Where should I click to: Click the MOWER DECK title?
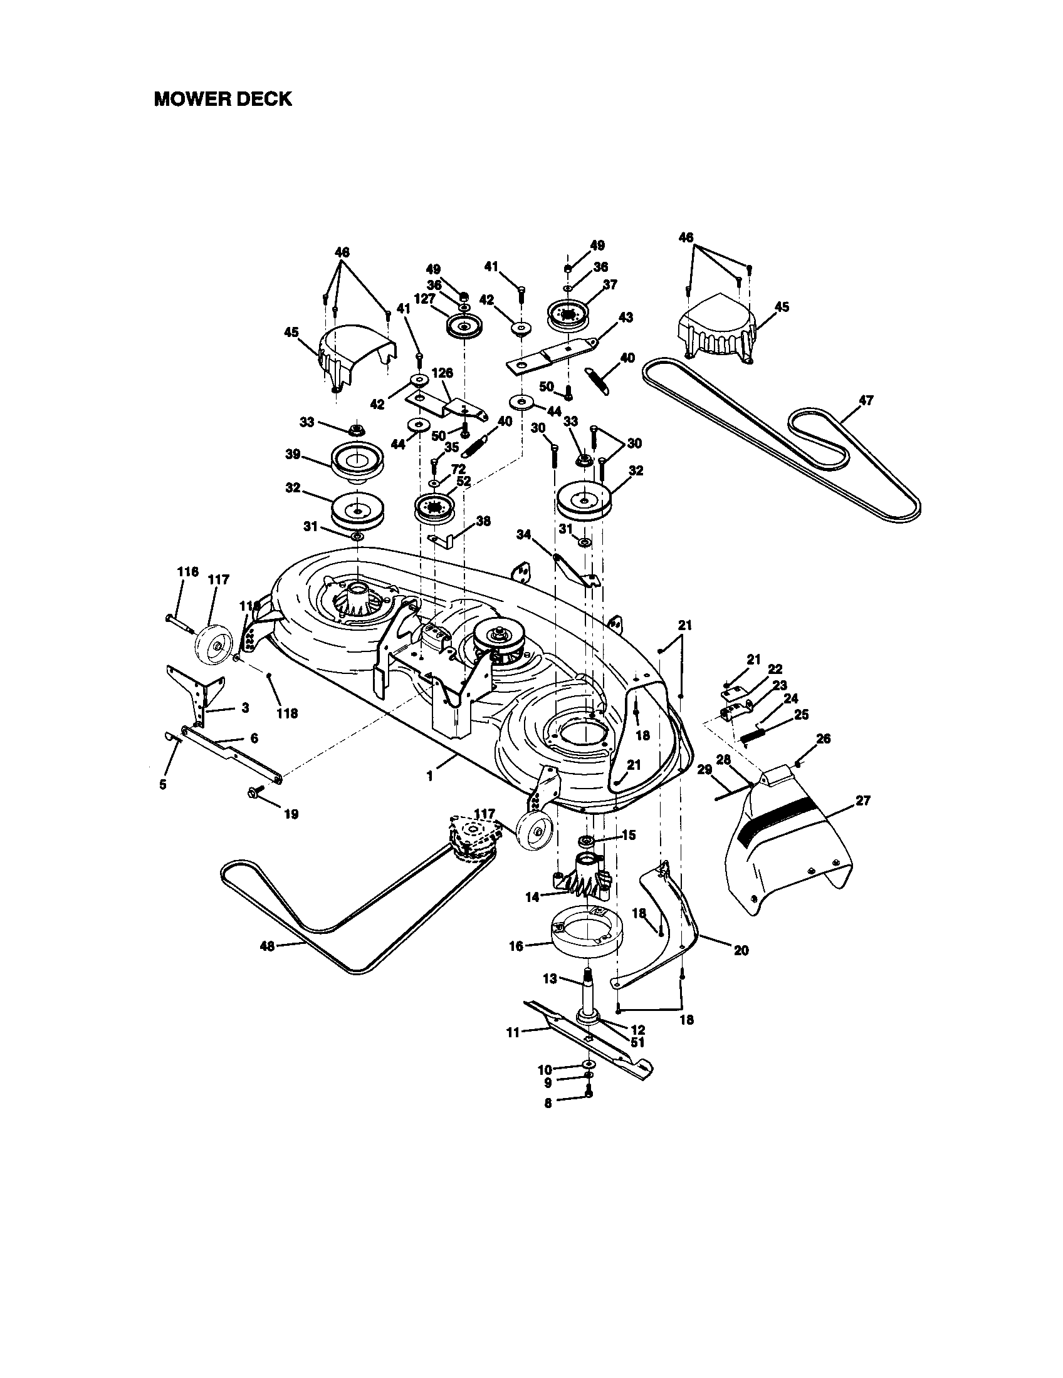tap(223, 99)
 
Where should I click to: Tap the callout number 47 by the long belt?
tap(866, 400)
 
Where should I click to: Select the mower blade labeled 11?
tap(587, 1034)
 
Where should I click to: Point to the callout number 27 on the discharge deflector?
tap(862, 800)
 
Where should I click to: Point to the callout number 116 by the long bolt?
tap(187, 572)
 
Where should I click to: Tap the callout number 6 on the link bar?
tap(254, 738)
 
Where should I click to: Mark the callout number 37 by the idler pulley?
tap(610, 284)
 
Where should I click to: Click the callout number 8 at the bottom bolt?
tap(547, 1102)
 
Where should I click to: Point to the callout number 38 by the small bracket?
tap(483, 521)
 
